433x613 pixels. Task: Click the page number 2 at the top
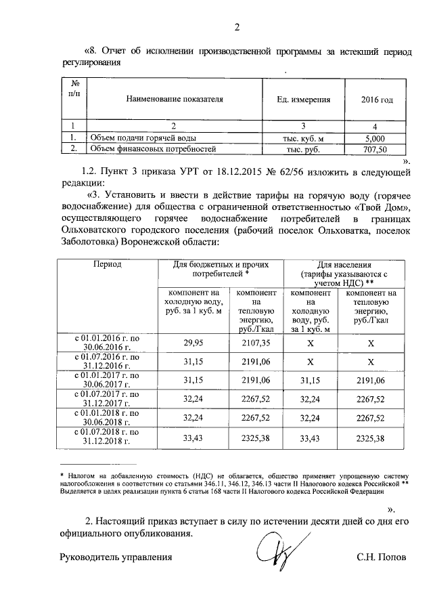pos(237,28)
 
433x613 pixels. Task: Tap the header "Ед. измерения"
pos(304,100)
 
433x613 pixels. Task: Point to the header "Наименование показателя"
pos(175,100)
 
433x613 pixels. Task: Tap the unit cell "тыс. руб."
pos(304,148)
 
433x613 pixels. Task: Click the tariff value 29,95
pos(193,343)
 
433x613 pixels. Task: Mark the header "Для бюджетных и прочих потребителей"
pos(221,269)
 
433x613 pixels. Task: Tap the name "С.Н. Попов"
pos(382,557)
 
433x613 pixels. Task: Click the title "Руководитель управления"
pos(116,557)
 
